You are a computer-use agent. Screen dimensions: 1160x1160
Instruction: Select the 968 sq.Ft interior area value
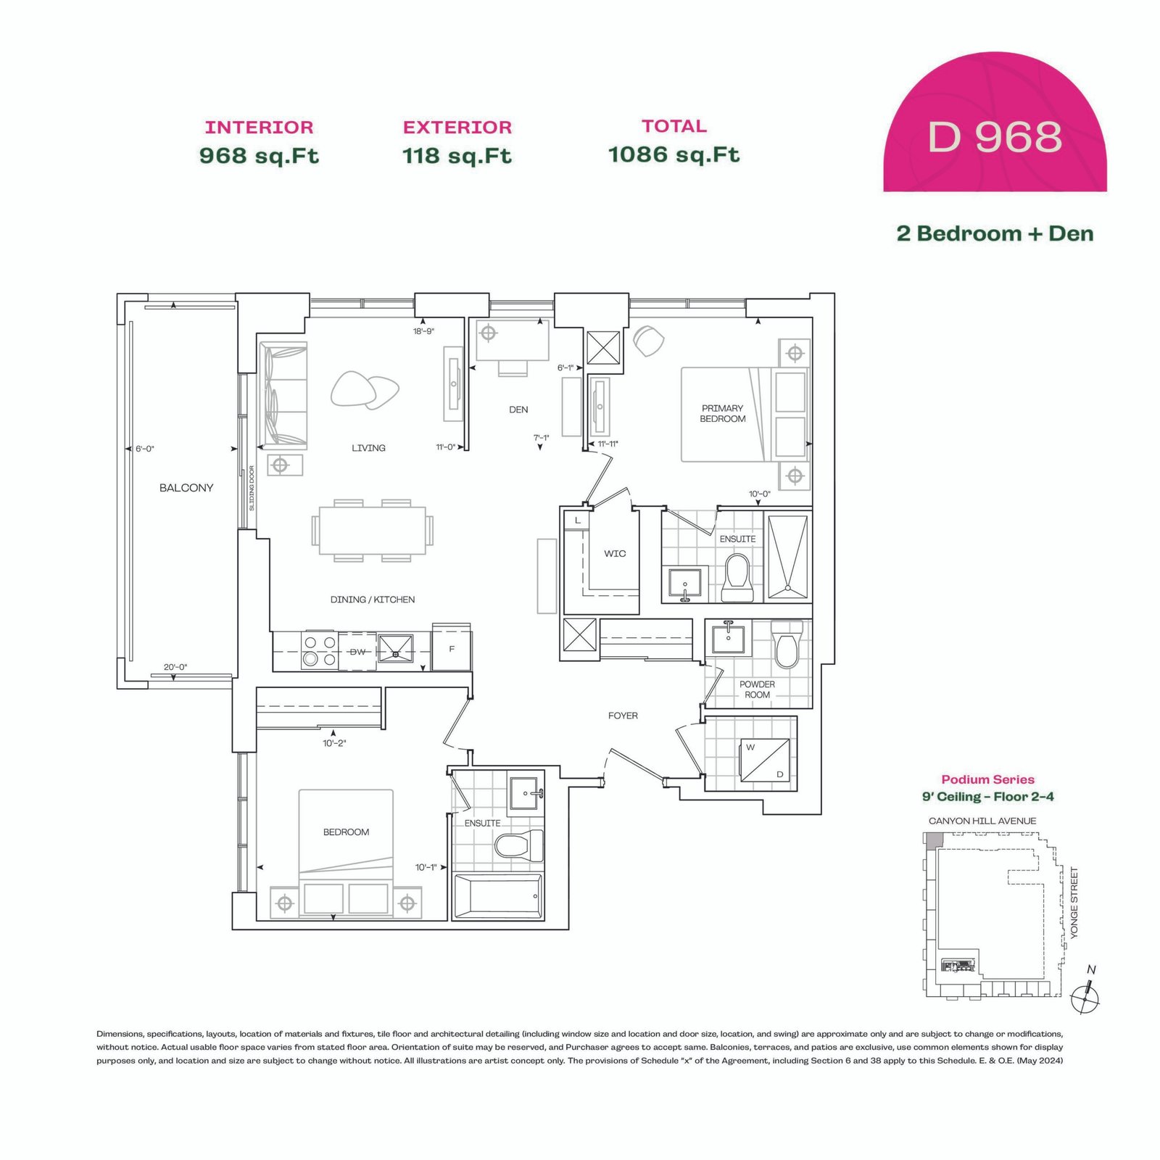click(259, 156)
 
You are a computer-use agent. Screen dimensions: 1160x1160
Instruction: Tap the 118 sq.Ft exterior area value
click(457, 156)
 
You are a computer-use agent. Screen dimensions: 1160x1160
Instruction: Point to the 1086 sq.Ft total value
click(674, 154)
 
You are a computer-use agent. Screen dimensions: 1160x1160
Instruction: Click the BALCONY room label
click(186, 488)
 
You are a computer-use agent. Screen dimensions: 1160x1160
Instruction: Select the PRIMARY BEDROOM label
click(722, 413)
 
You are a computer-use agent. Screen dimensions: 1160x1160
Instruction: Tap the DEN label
click(518, 410)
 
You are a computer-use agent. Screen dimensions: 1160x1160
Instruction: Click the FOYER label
click(623, 716)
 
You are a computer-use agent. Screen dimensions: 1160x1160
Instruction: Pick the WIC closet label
click(615, 554)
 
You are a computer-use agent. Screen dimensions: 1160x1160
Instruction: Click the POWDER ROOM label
click(757, 689)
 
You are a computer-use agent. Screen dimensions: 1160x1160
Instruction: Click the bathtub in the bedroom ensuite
click(498, 897)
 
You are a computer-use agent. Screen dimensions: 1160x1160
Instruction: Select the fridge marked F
click(452, 650)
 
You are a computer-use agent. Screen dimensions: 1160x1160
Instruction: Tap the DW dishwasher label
click(357, 652)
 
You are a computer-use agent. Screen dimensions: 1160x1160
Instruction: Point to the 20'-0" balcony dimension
click(175, 667)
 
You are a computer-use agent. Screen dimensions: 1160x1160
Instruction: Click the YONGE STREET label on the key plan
click(1074, 903)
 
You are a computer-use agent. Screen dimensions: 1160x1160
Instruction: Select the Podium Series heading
click(987, 779)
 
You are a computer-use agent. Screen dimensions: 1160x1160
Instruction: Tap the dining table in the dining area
click(373, 530)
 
